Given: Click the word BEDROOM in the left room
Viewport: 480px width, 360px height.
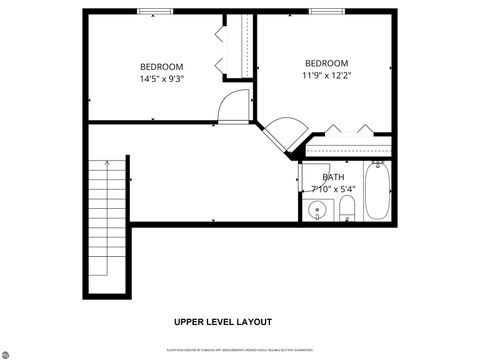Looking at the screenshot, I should pyautogui.click(x=161, y=66).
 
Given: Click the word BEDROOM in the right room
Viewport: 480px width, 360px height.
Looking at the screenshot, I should pyautogui.click(x=326, y=62).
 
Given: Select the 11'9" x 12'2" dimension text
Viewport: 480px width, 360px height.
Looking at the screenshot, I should pyautogui.click(x=326, y=74).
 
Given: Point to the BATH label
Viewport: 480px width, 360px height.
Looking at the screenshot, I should pyautogui.click(x=333, y=178).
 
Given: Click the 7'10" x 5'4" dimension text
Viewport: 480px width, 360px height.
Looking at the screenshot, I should pyautogui.click(x=333, y=188).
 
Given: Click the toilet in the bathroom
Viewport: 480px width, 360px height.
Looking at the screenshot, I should pyautogui.click(x=347, y=208).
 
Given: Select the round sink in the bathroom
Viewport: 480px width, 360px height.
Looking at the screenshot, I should pyautogui.click(x=318, y=210).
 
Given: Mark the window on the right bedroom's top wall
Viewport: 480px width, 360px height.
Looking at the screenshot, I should pyautogui.click(x=326, y=11).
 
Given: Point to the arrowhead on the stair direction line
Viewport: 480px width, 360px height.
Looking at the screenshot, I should pyautogui.click(x=106, y=162).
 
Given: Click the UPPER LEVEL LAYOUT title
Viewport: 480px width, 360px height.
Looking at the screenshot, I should pyautogui.click(x=222, y=322).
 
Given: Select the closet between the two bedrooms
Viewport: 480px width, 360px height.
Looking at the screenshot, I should pyautogui.click(x=239, y=46).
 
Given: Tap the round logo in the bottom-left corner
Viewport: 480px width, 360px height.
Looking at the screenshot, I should pyautogui.click(x=5, y=354).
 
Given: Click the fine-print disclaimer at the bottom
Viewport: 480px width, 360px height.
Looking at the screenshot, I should pyautogui.click(x=239, y=350).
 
